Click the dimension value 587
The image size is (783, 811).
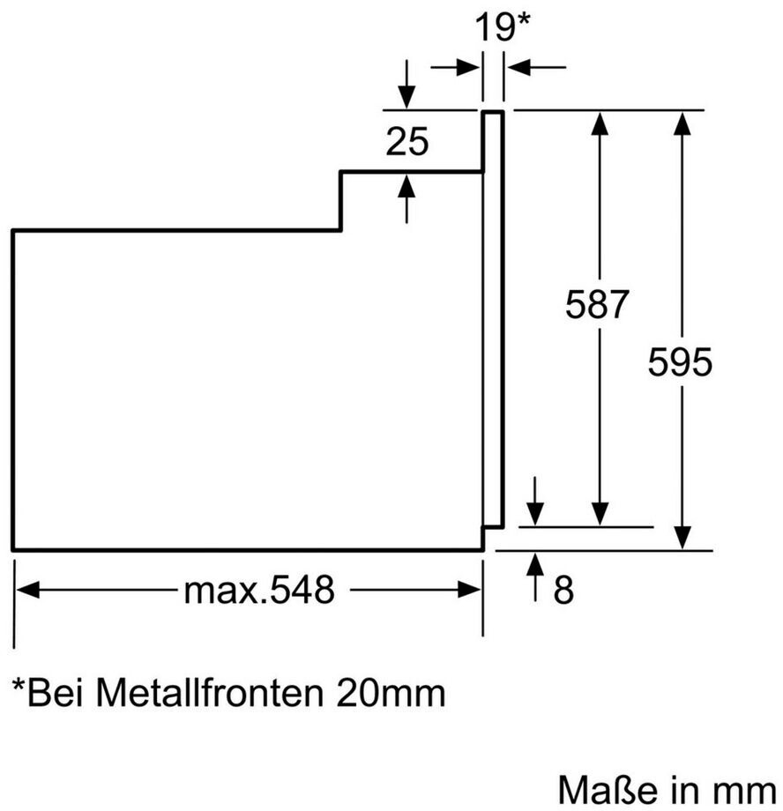(596, 304)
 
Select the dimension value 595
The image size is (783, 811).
(680, 361)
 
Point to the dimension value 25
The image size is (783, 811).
(407, 141)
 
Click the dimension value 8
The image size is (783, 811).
(563, 589)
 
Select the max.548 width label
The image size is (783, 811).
(259, 590)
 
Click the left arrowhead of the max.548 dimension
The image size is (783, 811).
(27, 590)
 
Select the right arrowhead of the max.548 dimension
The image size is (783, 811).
(470, 590)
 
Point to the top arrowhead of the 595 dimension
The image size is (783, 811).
(683, 123)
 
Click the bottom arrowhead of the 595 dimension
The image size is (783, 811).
(683, 538)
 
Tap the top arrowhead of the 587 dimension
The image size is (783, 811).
(600, 123)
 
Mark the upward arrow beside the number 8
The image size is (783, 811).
(535, 577)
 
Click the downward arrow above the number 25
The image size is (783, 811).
(406, 85)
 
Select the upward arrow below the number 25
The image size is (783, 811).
(406, 199)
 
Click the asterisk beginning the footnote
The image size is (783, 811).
(19, 685)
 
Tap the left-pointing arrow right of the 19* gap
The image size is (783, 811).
(536, 67)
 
